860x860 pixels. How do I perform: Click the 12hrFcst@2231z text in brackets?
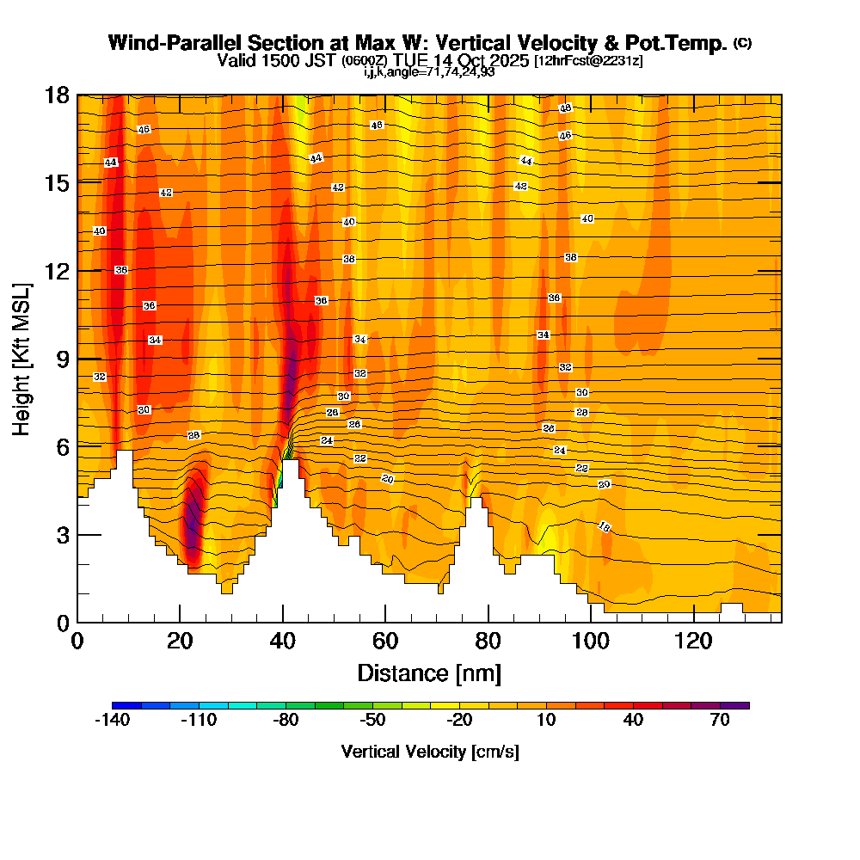pos(588,61)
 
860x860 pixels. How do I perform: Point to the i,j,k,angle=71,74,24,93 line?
pos(429,72)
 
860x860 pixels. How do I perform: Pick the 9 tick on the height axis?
pos(61,359)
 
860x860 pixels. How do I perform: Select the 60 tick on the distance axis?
pos(385,642)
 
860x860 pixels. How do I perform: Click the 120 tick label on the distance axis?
pos(693,642)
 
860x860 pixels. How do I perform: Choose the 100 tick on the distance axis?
pos(591,642)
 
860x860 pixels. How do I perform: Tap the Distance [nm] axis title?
pos(429,673)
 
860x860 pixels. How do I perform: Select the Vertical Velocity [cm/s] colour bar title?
pos(429,752)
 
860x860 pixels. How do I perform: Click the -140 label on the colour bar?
pos(111,721)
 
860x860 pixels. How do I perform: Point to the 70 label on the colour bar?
pos(721,721)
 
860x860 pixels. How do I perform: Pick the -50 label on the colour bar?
pos(372,721)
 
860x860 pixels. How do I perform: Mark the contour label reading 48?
pos(565,108)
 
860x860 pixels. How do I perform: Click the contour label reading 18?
pos(604,527)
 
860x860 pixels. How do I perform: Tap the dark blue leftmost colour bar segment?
pos(120,705)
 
